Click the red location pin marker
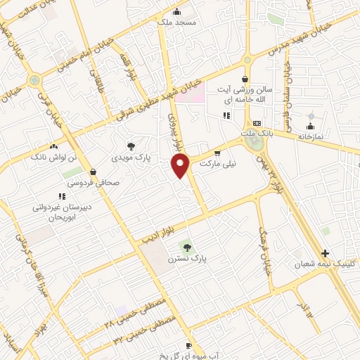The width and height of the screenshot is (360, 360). [181, 165]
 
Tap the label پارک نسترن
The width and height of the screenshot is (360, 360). [186, 259]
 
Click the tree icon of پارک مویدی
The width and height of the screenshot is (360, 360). [131, 146]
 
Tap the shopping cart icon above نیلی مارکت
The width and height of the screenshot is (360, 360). [217, 153]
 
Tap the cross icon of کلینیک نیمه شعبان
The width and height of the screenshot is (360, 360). [325, 252]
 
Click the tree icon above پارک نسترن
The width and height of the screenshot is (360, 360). [186, 246]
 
